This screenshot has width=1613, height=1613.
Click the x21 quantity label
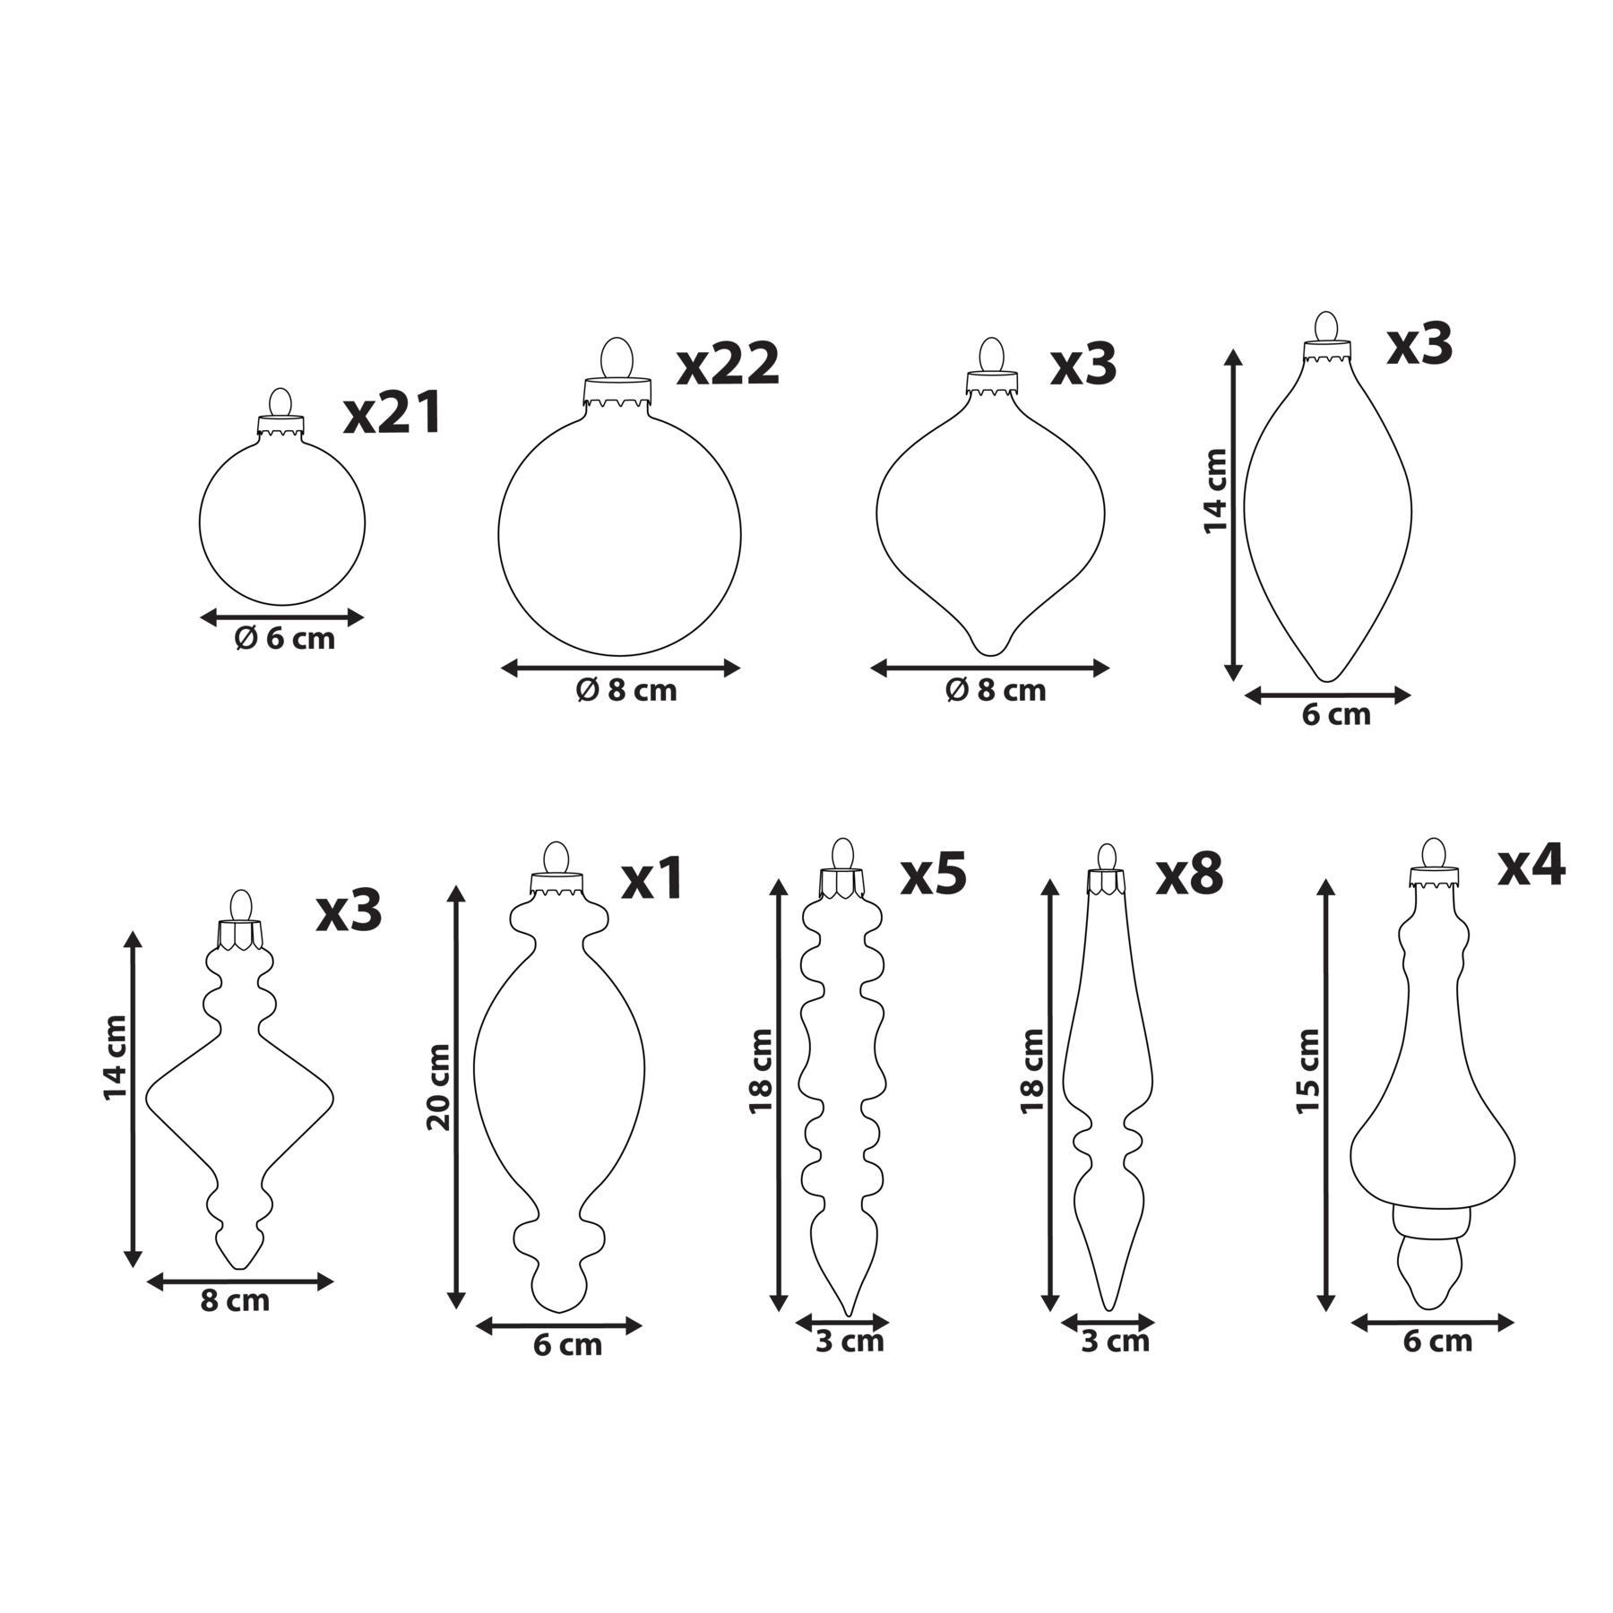392,413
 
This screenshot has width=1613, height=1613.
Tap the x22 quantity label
728,364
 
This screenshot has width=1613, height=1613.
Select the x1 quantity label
652,878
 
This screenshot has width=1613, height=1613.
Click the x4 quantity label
1531,865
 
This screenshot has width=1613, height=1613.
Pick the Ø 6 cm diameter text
284,639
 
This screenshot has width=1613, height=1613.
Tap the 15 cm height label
1308,1072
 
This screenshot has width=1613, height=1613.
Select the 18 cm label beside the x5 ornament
761,1071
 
